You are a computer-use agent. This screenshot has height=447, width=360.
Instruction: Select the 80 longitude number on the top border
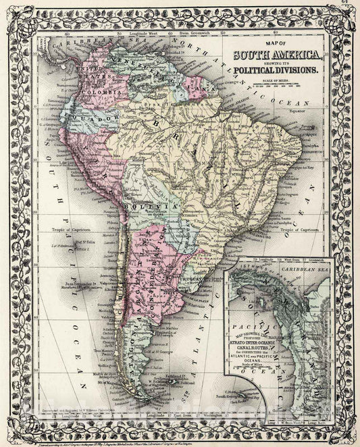[x=66, y=31]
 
